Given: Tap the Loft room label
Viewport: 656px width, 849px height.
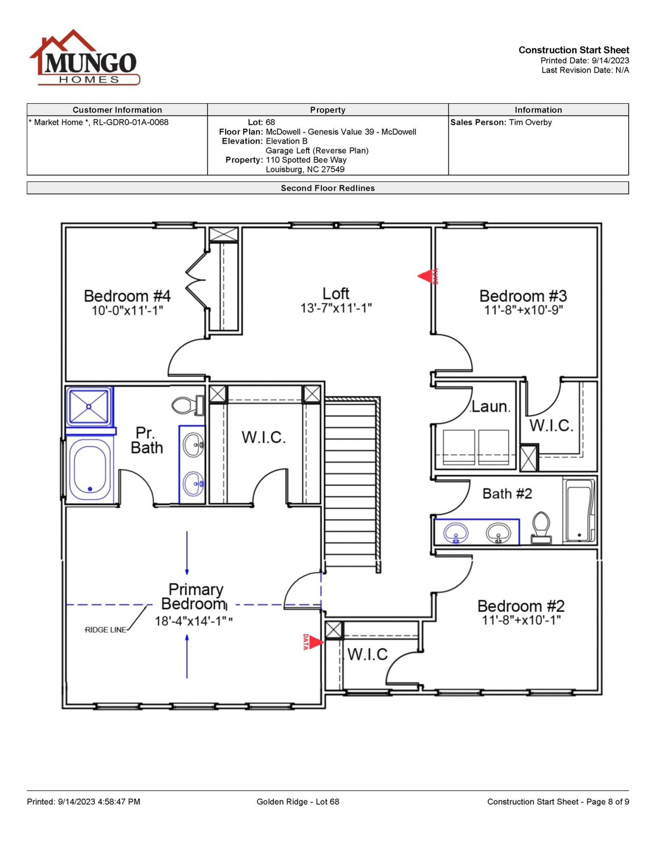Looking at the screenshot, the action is point(336,293).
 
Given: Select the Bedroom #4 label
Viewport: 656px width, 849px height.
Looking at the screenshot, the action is point(127,296).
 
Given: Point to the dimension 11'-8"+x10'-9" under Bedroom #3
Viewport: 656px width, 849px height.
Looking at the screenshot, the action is point(524,310).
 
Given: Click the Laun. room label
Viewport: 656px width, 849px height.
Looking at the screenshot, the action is point(490,407).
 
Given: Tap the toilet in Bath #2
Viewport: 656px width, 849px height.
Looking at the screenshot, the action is point(541,528).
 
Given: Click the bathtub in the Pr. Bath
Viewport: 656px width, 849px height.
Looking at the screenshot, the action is point(90,469).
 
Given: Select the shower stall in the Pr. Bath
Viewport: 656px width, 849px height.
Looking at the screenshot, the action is point(89,406).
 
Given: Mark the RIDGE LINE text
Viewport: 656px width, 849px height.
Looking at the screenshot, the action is point(106,630).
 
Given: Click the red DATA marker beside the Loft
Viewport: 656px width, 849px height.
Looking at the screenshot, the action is point(428,276).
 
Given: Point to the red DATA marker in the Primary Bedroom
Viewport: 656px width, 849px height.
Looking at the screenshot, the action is point(313,641).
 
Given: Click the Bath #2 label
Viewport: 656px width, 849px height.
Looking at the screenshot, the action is point(507,493).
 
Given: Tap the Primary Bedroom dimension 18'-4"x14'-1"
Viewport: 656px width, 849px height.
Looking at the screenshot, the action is point(194,621).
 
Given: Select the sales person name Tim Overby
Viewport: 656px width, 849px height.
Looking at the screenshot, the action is point(530,122).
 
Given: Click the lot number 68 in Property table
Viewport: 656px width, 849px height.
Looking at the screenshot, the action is point(270,122).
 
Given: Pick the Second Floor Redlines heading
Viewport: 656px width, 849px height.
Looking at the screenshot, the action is point(328,188).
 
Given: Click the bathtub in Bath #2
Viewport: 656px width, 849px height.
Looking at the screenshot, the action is point(580,510).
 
